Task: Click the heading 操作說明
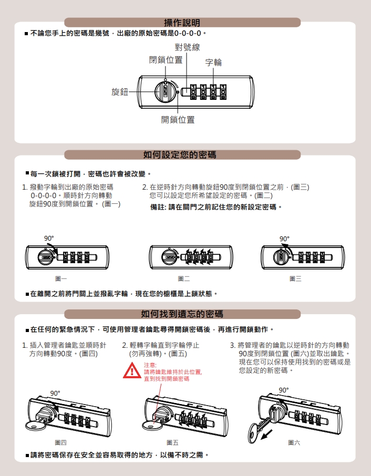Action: [x=182, y=23]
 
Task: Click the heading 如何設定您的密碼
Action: [x=180, y=155]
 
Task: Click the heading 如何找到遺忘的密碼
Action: [x=182, y=314]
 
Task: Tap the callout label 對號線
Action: [x=187, y=47]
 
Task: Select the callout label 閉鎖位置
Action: [x=166, y=60]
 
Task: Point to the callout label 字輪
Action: [x=213, y=63]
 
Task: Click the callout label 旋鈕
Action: [x=120, y=91]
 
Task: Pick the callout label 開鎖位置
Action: [x=178, y=120]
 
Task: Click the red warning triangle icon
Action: [x=132, y=370]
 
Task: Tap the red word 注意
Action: [x=150, y=365]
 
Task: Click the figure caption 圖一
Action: [x=61, y=278]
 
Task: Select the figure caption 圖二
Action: [x=184, y=278]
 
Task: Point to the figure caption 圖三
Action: [x=295, y=278]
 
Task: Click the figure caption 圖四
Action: [x=61, y=442]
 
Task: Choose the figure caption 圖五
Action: [x=172, y=442]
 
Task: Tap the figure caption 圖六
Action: [x=294, y=442]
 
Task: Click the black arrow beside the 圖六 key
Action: [x=266, y=434]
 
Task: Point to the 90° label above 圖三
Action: [x=284, y=239]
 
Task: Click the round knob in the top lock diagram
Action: [x=166, y=91]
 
